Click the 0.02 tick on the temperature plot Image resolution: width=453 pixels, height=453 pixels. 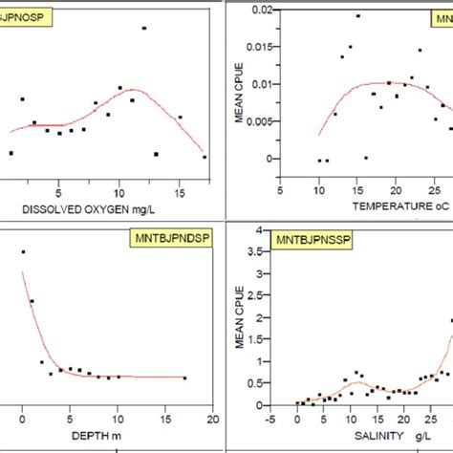pos(258,9)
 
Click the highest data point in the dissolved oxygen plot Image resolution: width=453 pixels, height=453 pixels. pos(144,29)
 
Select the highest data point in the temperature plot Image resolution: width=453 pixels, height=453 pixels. pos(358,16)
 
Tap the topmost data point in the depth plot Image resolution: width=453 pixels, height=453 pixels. pos(23,252)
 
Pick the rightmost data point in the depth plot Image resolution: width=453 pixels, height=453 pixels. pos(184,378)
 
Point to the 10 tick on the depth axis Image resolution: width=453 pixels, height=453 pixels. pos(118,418)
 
